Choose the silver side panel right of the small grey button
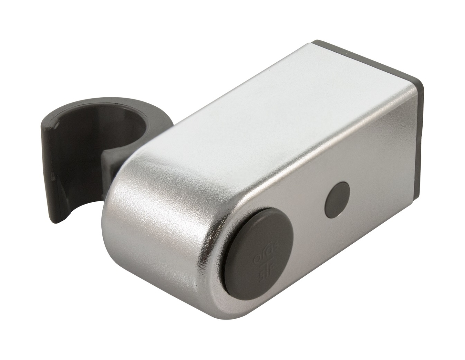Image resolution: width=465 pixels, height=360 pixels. (381, 181)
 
